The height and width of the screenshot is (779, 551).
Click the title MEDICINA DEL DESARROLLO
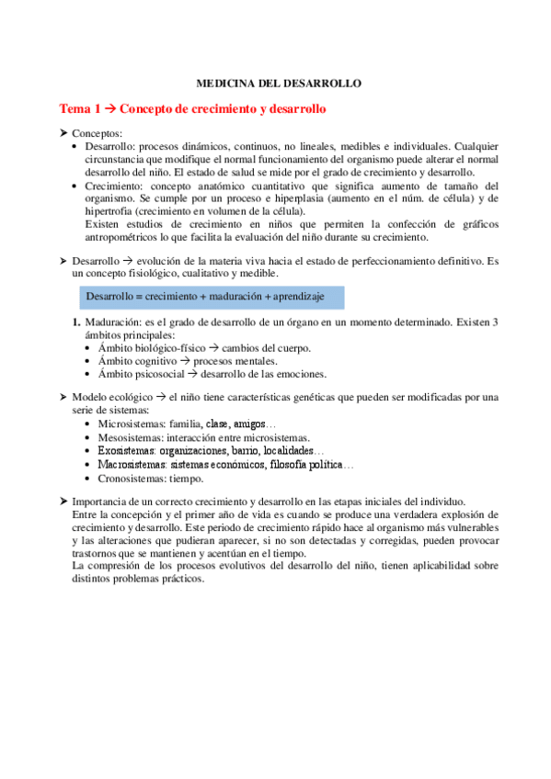280,84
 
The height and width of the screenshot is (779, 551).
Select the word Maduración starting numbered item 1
112,322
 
